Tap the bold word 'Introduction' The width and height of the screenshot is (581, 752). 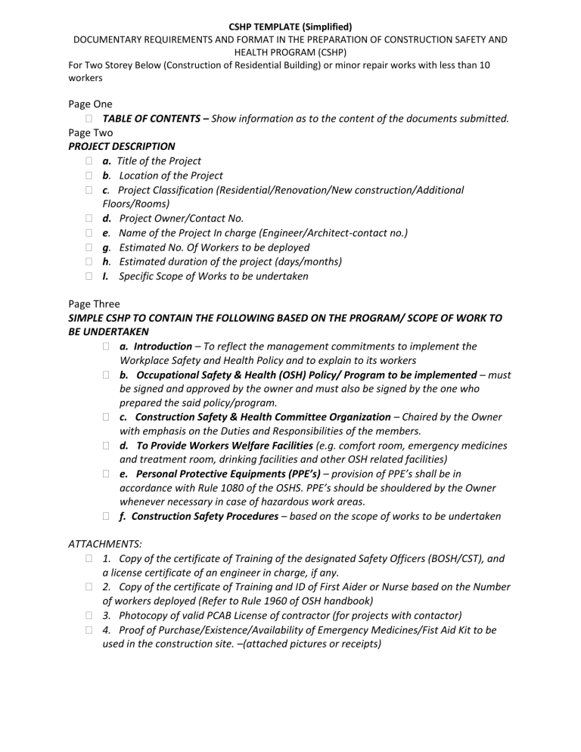point(163,346)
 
